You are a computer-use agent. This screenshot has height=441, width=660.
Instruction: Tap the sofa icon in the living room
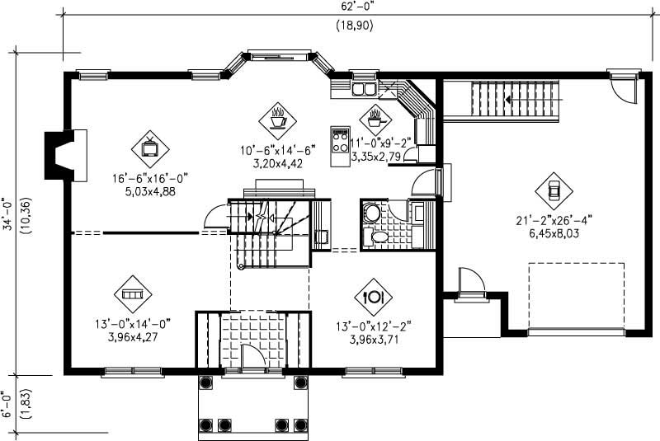(x=132, y=293)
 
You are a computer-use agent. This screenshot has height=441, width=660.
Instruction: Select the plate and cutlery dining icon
(x=373, y=294)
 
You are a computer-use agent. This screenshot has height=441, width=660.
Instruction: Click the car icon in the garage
(x=554, y=189)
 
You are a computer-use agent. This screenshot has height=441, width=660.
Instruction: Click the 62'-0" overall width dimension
(x=354, y=6)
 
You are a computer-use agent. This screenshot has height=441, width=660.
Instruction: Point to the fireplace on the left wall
(x=66, y=155)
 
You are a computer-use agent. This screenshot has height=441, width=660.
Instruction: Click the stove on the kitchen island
(x=339, y=141)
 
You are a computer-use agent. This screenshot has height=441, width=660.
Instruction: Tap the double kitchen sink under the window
(x=363, y=88)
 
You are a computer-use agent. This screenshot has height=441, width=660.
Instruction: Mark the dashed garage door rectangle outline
(x=575, y=296)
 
